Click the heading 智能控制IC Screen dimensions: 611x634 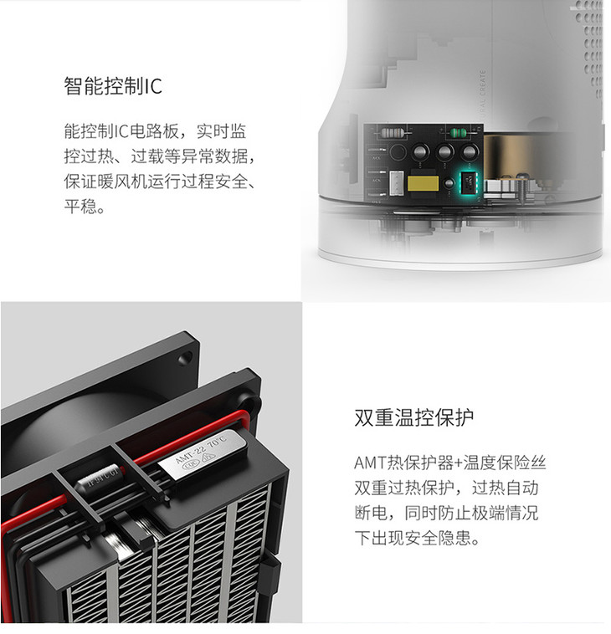pyautogui.click(x=113, y=85)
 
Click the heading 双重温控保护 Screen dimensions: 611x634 pyautogui.click(x=414, y=417)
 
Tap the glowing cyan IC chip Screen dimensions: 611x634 pyautogui.click(x=469, y=183)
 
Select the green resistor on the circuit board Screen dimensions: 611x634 pyautogui.click(x=458, y=132)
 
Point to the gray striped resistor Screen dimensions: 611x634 pyautogui.click(x=391, y=132)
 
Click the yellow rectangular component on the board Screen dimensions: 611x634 pyautogui.click(x=424, y=183)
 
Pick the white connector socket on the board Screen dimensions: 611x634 pyautogui.click(x=397, y=184)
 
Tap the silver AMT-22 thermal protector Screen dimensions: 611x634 pyautogui.click(x=202, y=456)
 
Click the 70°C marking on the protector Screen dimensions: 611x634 pyautogui.click(x=218, y=442)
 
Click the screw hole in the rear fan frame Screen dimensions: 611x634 pyautogui.click(x=186, y=358)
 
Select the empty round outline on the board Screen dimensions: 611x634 pyautogui.click(x=398, y=152)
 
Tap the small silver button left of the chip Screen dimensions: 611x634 pyautogui.click(x=449, y=183)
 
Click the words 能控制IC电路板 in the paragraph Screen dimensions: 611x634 pyautogui.click(x=121, y=131)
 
